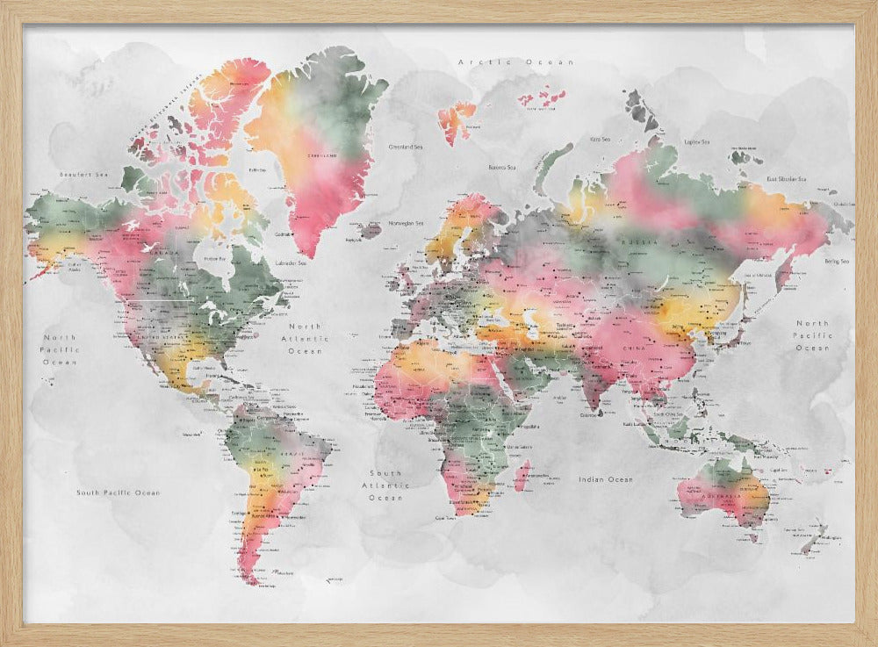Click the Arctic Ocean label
pyautogui.click(x=516, y=62)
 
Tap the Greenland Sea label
pyautogui.click(x=407, y=147)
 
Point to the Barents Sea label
pyautogui.click(x=502, y=167)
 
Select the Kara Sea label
pyautogui.click(x=600, y=139)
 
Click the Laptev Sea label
pyautogui.click(x=696, y=141)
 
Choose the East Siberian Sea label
pyautogui.click(x=787, y=179)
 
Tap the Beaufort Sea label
pyautogui.click(x=76, y=175)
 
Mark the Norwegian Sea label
pyautogui.click(x=407, y=223)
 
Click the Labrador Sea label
pyautogui.click(x=290, y=262)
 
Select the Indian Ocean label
pyautogui.click(x=606, y=479)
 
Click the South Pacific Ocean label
pyautogui.click(x=118, y=492)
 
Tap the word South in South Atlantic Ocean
pyautogui.click(x=385, y=473)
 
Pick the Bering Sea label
pyautogui.click(x=836, y=261)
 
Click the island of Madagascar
pyautogui.click(x=522, y=475)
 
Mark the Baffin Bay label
pyautogui.click(x=257, y=169)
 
